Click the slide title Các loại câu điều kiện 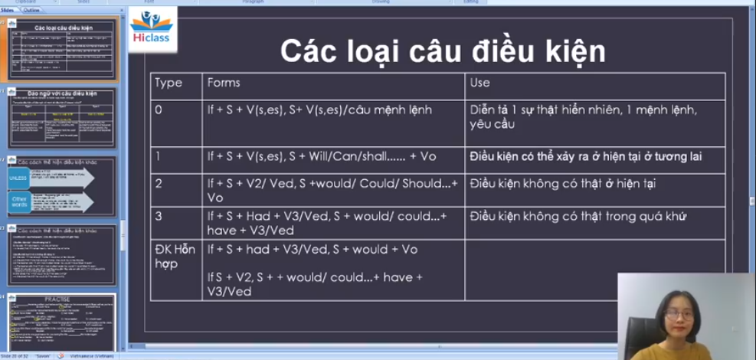point(442,51)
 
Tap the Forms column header point(223,83)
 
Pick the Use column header point(480,83)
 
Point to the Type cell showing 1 point(159,156)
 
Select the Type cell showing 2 point(159,184)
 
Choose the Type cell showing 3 point(159,217)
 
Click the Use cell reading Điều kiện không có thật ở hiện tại point(574,184)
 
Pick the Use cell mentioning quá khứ point(578,217)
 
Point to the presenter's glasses point(679,314)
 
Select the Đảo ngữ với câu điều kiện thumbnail point(62,118)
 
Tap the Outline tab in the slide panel point(31,10)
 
